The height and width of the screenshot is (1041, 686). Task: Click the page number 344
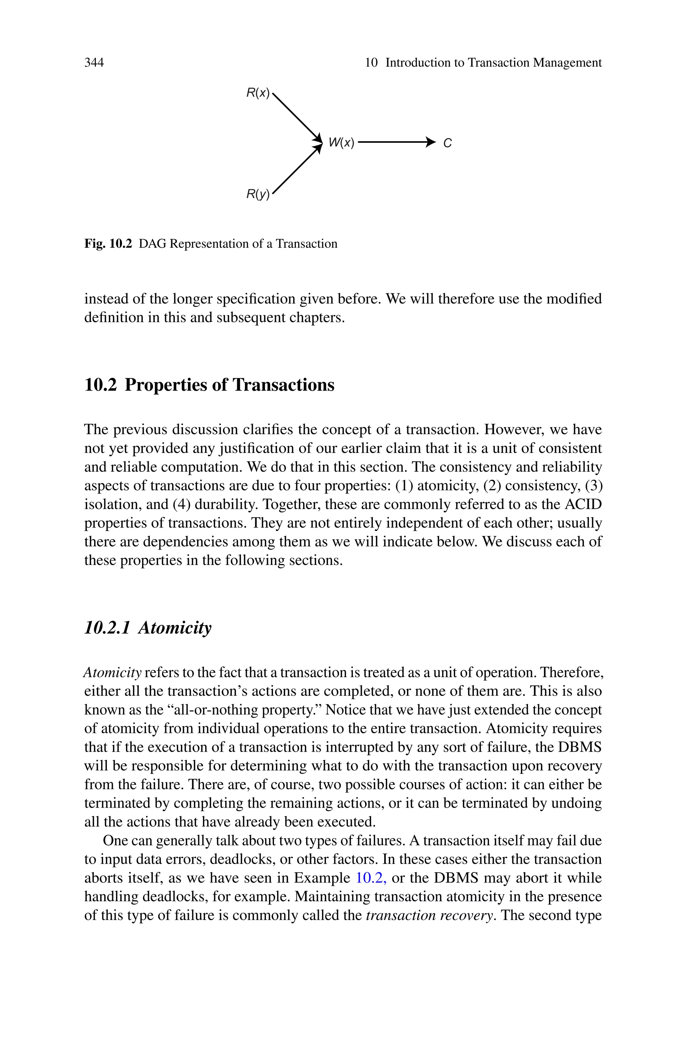click(x=94, y=63)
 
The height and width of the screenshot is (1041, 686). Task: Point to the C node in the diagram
click(x=447, y=143)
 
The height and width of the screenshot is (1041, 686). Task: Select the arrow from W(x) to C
click(x=396, y=142)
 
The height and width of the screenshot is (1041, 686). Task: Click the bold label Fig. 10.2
click(x=108, y=244)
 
